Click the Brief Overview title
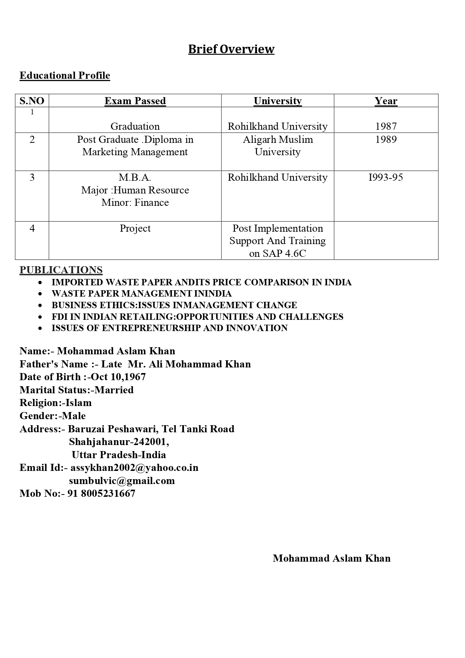pyautogui.click(x=231, y=49)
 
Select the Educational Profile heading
pyautogui.click(x=65, y=75)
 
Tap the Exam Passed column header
pyautogui.click(x=135, y=101)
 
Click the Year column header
pyautogui.click(x=386, y=101)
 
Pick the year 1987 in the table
pyautogui.click(x=386, y=126)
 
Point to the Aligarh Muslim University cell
pyautogui.click(x=278, y=145)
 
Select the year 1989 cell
pyautogui.click(x=386, y=139)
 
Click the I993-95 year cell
pyautogui.click(x=386, y=177)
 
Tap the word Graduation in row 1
pyautogui.click(x=135, y=126)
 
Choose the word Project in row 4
pyautogui.click(x=135, y=228)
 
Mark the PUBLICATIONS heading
pyautogui.click(x=61, y=270)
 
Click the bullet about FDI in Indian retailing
pyautogui.click(x=197, y=317)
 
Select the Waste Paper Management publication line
pyautogui.click(x=142, y=294)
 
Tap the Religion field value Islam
pyautogui.click(x=78, y=403)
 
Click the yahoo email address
pyautogui.click(x=134, y=468)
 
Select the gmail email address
pyautogui.click(x=122, y=481)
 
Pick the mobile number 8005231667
pyautogui.click(x=108, y=493)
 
